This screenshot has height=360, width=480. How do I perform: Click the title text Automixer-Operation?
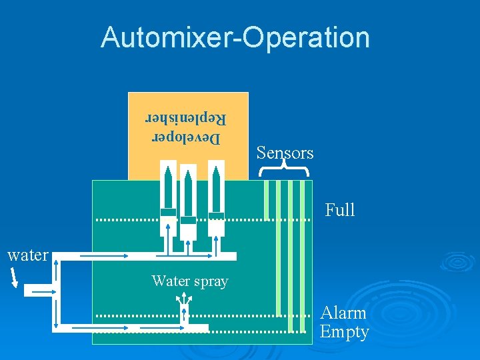[x=235, y=37]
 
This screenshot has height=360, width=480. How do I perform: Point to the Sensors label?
[x=285, y=153]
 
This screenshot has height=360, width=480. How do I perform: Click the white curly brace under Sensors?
[x=284, y=171]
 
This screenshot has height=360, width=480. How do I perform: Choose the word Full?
[x=340, y=211]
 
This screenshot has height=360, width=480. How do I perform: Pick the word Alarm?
[x=343, y=313]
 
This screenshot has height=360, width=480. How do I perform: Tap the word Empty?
[x=344, y=332]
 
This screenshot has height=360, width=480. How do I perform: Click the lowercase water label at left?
[x=27, y=255]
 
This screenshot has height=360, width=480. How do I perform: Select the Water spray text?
[x=190, y=281]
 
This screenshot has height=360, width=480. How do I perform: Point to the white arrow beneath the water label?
[x=14, y=275]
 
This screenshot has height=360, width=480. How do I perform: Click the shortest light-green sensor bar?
[x=266, y=200]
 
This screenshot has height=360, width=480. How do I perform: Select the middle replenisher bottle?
[x=189, y=207]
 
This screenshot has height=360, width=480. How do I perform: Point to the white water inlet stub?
[x=37, y=290]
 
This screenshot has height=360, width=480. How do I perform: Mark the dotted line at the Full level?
[x=200, y=219]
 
